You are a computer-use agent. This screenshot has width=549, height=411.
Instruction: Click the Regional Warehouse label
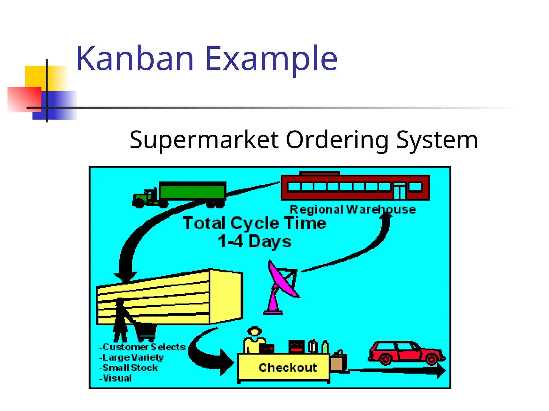click(x=353, y=210)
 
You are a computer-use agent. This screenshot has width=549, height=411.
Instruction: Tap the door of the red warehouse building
click(x=399, y=191)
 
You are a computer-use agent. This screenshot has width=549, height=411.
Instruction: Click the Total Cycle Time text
click(x=254, y=223)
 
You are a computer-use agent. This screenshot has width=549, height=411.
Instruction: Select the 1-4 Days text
click(x=254, y=242)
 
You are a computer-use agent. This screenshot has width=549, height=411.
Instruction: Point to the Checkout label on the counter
click(x=288, y=368)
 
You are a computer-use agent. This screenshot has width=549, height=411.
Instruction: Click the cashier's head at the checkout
click(x=254, y=332)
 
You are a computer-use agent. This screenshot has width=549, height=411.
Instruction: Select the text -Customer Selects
click(x=142, y=347)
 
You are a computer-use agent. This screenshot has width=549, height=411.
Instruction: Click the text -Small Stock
click(x=129, y=368)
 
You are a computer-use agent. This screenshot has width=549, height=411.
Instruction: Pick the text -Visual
click(x=116, y=378)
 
